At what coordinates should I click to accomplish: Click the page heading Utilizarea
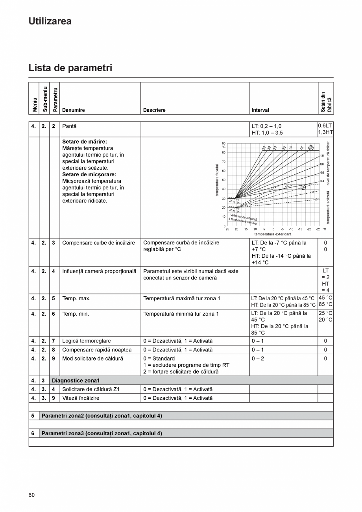tap(50, 21)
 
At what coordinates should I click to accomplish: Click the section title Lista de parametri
tap(70, 68)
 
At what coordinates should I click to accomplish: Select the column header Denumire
tap(74, 110)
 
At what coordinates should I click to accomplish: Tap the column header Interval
tap(260, 110)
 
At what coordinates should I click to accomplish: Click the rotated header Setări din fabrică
tap(326, 102)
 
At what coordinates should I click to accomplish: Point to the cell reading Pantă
tap(69, 126)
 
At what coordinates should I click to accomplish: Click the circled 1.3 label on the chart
tap(311, 148)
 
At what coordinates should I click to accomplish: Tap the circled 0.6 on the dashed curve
tap(303, 187)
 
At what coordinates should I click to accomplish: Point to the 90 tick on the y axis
tap(223, 144)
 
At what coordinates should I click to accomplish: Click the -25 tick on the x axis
tap(318, 229)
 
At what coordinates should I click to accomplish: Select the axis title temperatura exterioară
tap(273, 234)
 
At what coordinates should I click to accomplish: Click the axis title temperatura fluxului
tap(217, 180)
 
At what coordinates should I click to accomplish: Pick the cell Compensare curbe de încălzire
tap(98, 243)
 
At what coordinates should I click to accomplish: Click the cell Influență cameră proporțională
tap(99, 271)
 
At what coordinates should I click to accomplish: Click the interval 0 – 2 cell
tap(258, 359)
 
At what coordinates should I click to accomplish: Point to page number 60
tap(31, 495)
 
